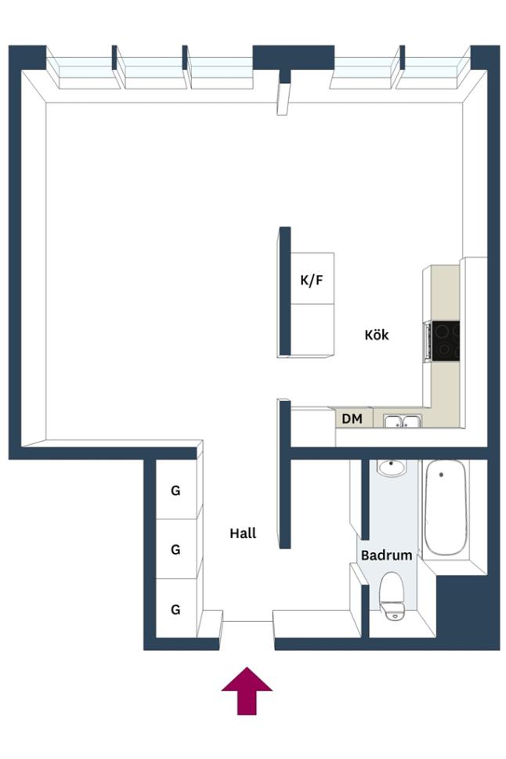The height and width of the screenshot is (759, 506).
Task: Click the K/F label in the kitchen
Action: point(311,280)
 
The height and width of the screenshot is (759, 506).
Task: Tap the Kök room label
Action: point(376,334)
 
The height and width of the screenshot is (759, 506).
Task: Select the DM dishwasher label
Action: point(352,418)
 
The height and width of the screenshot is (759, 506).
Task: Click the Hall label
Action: point(243,533)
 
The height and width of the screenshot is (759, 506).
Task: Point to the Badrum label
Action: point(386,555)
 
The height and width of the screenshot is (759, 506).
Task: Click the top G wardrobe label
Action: point(175,490)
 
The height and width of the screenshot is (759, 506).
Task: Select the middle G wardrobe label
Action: point(175,549)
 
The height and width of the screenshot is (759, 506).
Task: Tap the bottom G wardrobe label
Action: point(175,609)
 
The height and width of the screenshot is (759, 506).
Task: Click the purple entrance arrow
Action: point(247,690)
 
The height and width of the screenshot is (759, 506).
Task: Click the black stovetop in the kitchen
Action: point(446,341)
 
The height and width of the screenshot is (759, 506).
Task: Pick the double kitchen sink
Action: point(403,421)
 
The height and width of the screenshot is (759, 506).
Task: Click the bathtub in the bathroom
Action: point(446,508)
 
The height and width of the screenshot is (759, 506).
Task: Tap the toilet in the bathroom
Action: point(392,596)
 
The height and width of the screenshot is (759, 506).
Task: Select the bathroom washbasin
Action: point(392,468)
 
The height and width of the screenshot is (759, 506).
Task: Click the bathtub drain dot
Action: point(441,475)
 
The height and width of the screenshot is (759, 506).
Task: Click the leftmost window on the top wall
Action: point(83,74)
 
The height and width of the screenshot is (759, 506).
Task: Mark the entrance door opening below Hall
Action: point(248,621)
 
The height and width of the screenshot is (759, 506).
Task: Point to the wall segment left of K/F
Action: point(285,291)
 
